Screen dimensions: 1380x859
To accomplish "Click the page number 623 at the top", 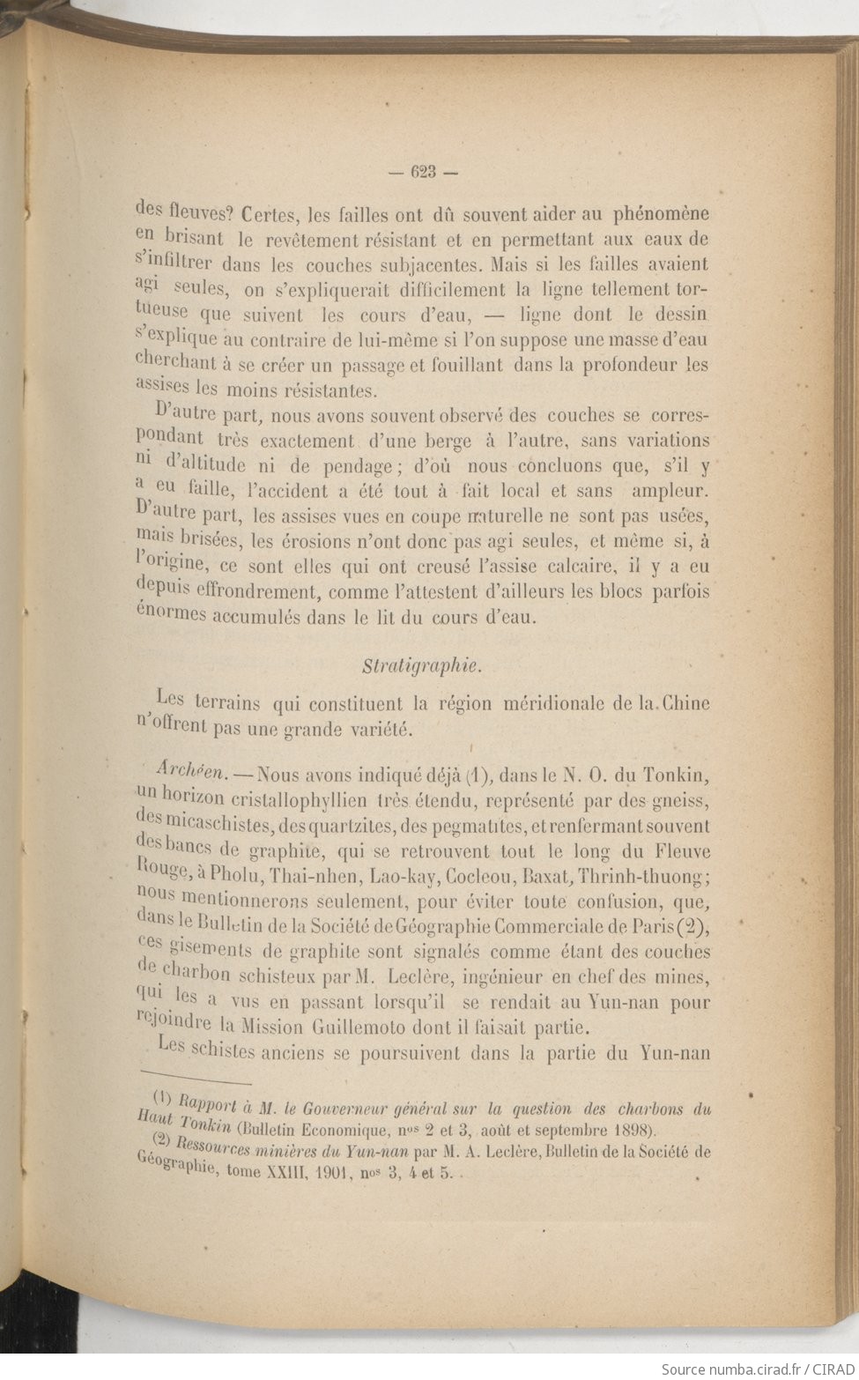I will pyautogui.click(x=424, y=173).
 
